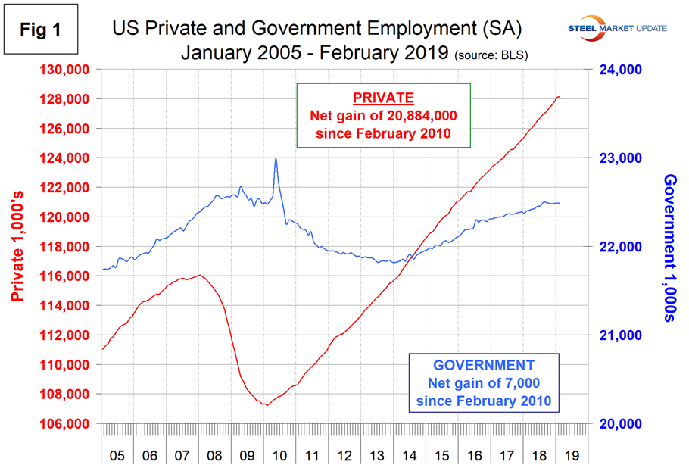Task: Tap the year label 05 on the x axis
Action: (x=117, y=457)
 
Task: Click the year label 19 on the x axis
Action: (x=570, y=457)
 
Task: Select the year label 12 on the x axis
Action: (x=343, y=457)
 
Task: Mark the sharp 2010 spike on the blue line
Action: (x=276, y=158)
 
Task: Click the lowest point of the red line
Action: (x=265, y=404)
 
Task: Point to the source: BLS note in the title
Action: (x=491, y=55)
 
